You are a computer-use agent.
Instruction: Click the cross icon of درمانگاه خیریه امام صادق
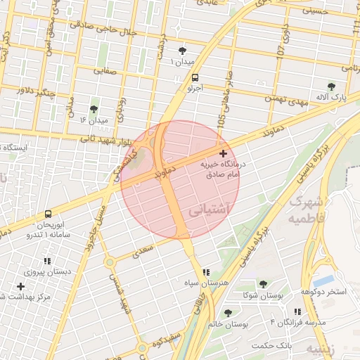click(223, 153)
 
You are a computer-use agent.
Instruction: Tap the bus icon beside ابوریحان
click(48, 214)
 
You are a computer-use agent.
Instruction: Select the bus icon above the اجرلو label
click(194, 78)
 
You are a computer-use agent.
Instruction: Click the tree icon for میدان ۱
click(184, 51)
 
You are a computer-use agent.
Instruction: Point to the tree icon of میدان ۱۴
click(94, 109)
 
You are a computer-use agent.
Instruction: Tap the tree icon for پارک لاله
click(332, 86)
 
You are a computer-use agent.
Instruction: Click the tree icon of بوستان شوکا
click(263, 284)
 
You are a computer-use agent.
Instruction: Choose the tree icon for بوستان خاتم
click(227, 312)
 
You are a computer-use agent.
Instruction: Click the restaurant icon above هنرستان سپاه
click(205, 272)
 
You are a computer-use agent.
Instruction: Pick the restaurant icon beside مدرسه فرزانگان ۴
click(297, 311)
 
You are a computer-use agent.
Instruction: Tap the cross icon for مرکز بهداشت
click(20, 286)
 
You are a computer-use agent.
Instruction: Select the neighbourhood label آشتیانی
click(208, 209)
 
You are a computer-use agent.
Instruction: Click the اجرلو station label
click(194, 89)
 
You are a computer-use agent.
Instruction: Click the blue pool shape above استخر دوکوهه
click(323, 281)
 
